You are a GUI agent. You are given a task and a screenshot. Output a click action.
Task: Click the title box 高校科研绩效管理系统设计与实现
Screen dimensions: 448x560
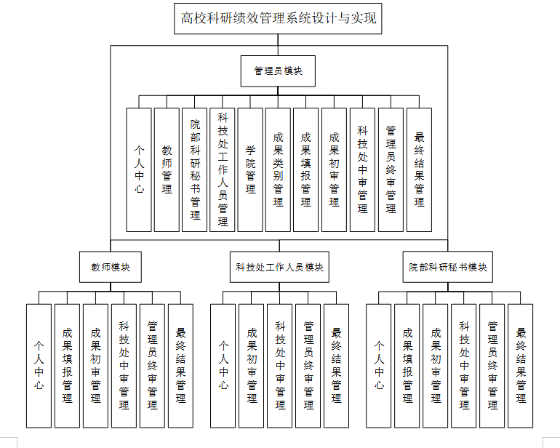point(279,18)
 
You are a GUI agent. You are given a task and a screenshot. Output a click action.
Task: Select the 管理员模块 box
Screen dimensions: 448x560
point(279,71)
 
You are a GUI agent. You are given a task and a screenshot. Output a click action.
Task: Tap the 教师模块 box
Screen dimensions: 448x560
point(111,267)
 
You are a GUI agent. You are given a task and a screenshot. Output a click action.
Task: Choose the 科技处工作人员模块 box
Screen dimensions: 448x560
point(279,267)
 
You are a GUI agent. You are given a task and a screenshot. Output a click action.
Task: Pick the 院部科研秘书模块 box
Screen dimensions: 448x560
point(447,267)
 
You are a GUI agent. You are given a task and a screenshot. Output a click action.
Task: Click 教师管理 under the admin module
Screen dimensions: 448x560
point(167,169)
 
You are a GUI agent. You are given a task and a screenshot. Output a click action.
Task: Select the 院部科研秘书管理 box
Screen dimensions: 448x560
point(195,169)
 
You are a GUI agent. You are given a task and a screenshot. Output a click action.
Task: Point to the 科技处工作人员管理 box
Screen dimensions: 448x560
point(223,169)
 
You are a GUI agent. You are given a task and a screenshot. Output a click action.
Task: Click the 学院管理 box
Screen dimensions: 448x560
point(250,169)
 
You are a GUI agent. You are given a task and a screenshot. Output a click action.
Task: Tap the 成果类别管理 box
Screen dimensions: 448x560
point(279,169)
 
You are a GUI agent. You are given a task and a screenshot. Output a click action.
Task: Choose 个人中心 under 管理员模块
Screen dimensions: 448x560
point(139,169)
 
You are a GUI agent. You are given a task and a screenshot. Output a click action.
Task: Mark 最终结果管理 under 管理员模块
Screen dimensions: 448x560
point(419,169)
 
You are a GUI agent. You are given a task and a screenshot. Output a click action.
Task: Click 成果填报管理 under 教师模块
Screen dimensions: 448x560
point(67,365)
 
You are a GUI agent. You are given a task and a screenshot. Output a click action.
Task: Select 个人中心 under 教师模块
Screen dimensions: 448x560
point(39,365)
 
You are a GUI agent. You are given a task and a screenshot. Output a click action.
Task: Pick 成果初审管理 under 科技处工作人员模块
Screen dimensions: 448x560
point(251,365)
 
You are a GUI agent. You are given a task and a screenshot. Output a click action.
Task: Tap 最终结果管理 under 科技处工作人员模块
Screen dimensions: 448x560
point(336,365)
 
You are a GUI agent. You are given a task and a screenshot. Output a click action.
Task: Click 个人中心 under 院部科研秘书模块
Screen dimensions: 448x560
point(378,365)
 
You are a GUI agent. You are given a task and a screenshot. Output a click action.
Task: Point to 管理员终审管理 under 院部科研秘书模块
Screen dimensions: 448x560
point(492,365)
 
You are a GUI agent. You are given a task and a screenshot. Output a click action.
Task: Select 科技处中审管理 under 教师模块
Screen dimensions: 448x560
point(124,365)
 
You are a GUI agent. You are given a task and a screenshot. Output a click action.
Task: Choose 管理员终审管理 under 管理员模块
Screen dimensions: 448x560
point(391,169)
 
